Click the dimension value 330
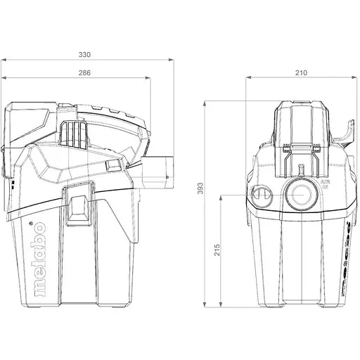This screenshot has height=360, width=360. (84, 54)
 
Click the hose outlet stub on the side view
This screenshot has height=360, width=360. (160, 170)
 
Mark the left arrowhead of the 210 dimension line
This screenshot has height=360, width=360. (247, 79)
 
